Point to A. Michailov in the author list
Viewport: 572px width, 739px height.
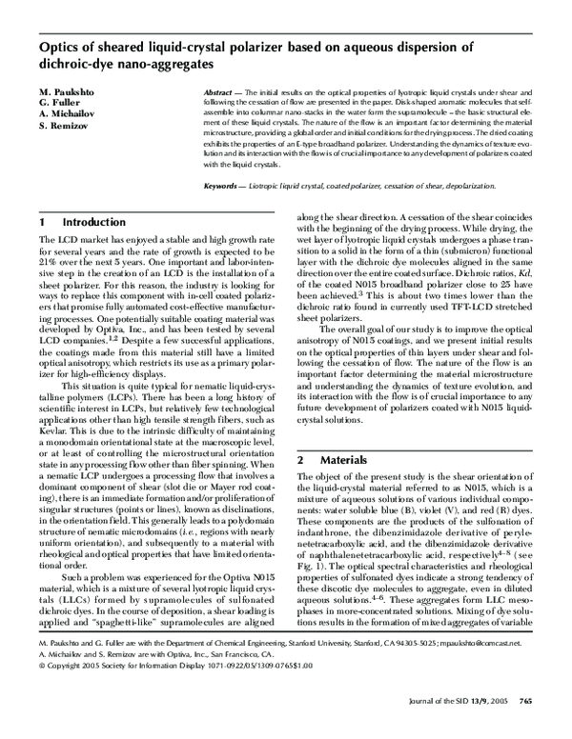tap(67, 113)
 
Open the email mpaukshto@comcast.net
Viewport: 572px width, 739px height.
tap(506, 670)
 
